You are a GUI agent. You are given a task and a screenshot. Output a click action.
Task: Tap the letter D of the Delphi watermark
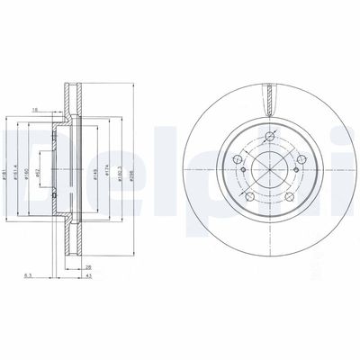[25, 155]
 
